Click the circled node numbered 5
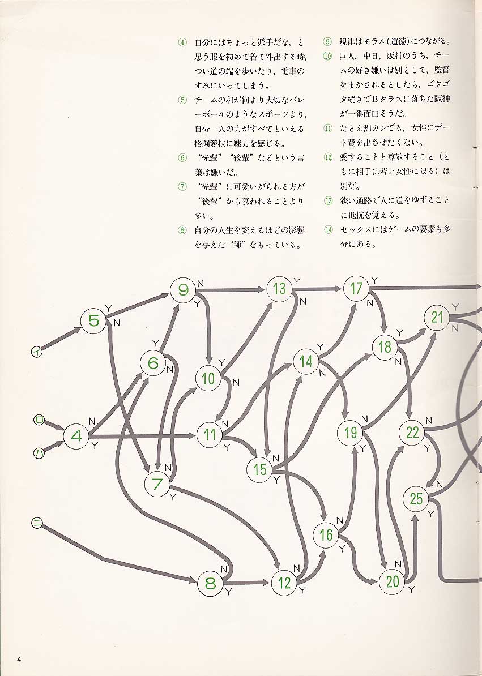[94, 321]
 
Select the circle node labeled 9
[183, 290]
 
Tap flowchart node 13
[279, 289]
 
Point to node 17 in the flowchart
[356, 288]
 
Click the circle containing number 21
[437, 318]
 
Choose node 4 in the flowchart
[77, 436]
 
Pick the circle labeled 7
[158, 484]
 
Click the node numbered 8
[210, 583]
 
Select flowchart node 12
[284, 583]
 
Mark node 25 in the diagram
[416, 499]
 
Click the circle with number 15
[260, 469]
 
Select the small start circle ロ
[39, 420]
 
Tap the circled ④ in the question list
[182, 42]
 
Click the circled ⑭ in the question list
[328, 230]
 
